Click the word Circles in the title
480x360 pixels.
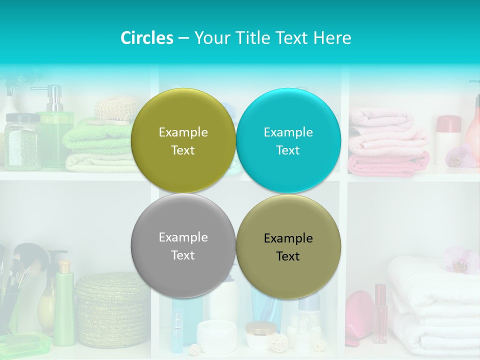146,38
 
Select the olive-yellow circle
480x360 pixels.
183,140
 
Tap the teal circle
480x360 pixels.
288,140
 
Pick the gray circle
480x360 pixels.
183,245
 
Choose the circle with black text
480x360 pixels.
288,246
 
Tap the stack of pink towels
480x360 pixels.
387,145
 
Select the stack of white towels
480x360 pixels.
432,305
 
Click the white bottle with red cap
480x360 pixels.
447,140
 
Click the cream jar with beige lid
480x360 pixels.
260,335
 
